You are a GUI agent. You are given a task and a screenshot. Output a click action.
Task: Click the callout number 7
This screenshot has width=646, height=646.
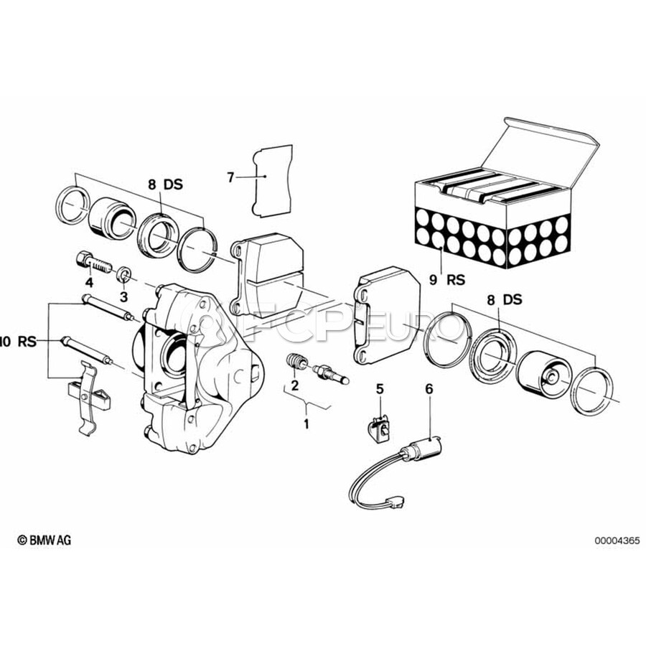coord(230,177)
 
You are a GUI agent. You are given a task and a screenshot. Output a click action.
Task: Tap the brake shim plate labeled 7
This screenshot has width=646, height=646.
coord(272,181)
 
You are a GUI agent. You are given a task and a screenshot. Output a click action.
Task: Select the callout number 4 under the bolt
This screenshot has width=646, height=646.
coord(89,283)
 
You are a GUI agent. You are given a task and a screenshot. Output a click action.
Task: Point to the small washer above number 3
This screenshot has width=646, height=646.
coord(124,274)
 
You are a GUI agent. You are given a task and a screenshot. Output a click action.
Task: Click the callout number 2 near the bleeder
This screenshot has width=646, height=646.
coord(294,385)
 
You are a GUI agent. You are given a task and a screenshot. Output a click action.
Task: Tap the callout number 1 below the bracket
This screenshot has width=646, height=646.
coord(306,423)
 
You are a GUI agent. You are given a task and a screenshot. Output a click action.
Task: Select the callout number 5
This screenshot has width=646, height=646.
coord(380,388)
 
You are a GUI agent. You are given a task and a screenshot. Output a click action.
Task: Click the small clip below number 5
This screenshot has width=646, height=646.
coord(378,429)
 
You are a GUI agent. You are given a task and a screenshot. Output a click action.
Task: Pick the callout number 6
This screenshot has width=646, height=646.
coord(429,388)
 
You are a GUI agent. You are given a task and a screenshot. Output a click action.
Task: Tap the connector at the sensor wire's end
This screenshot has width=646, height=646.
coord(395,502)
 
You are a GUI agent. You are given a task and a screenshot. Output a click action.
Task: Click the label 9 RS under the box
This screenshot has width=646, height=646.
coord(447,280)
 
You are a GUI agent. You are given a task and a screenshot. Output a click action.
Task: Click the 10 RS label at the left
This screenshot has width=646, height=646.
coord(18,342)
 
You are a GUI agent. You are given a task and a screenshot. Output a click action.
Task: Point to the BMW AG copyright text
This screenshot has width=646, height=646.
coord(44,540)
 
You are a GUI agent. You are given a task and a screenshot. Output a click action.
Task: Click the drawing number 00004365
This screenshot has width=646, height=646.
coord(617,540)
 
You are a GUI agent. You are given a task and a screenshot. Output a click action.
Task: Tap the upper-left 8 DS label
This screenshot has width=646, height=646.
coord(165,184)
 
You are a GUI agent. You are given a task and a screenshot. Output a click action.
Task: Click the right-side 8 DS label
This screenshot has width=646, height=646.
coord(505,299)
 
